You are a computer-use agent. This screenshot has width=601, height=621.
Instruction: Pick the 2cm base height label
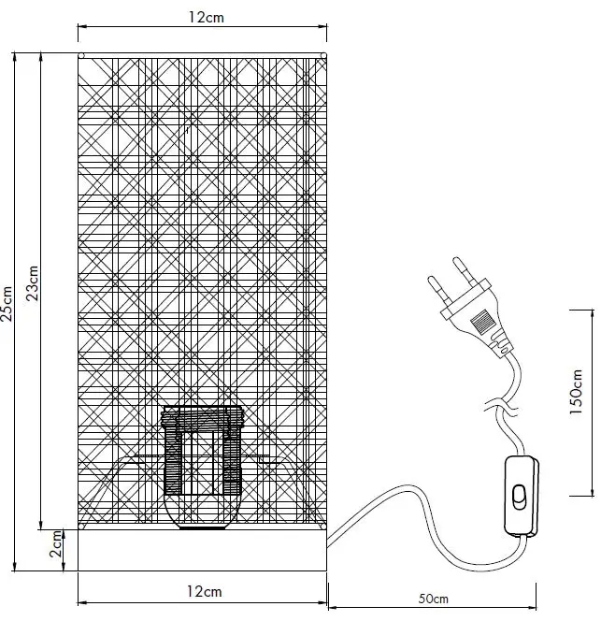point(58,540)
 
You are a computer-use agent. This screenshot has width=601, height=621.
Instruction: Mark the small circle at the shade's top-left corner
point(80,56)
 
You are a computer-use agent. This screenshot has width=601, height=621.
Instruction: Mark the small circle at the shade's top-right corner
point(322,56)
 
